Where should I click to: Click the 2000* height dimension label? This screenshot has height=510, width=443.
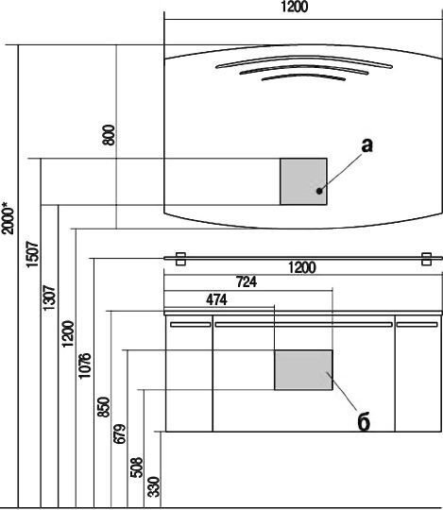tap(8, 218)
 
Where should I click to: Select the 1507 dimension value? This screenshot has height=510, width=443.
tap(32, 254)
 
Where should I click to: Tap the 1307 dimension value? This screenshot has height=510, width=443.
tap(49, 297)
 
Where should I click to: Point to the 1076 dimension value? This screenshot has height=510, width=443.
tap(85, 365)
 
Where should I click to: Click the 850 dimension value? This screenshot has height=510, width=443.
tap(104, 406)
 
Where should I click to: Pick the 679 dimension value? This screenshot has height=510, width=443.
tap(119, 433)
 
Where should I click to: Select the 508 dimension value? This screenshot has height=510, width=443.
tap(136, 467)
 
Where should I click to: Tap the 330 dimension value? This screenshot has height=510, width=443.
tap(154, 487)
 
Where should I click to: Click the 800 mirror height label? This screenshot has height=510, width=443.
tap(109, 135)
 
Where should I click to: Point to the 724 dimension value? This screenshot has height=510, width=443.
tap(247, 281)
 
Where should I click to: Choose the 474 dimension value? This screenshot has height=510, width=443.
tap(216, 299)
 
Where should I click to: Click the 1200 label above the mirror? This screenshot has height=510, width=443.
tap(294, 7)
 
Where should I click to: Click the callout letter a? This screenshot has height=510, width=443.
tap(366, 145)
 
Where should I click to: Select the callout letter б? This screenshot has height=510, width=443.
tap(364, 422)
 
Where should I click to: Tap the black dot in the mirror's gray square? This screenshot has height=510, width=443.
tap(319, 191)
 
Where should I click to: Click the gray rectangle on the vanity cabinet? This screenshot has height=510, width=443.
tap(303, 370)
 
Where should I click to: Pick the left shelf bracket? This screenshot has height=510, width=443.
tap(180, 259)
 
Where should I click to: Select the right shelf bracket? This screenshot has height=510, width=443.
tap(426, 259)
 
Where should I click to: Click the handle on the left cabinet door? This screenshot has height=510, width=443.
tap(191, 324)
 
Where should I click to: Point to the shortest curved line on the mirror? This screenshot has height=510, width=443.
tap(303, 76)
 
